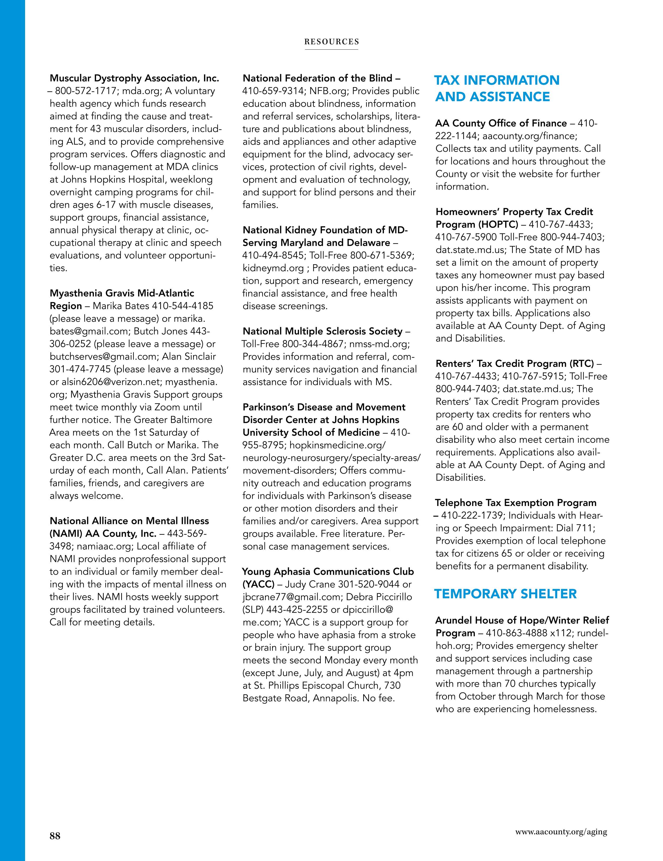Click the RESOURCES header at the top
pos(331,42)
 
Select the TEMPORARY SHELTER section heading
pos(505,594)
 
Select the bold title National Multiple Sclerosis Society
pos(323,331)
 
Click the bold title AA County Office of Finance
pos(501,123)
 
